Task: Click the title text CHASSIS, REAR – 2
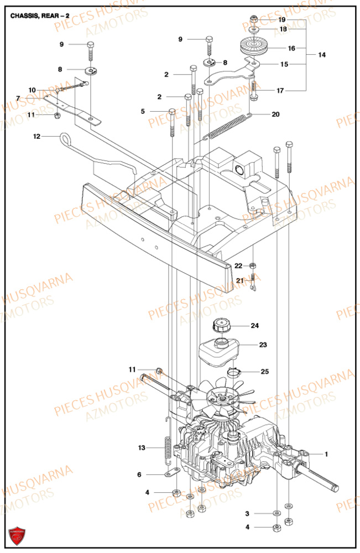tap(41, 16)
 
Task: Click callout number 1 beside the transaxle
tap(326, 454)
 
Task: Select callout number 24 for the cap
tap(254, 326)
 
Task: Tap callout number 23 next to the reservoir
tap(263, 345)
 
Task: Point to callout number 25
tap(265, 372)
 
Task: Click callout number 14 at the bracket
tap(322, 55)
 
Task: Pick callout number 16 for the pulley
tap(291, 48)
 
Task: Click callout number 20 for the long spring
tap(275, 114)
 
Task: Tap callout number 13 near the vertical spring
tap(142, 448)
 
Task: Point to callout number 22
tap(238, 266)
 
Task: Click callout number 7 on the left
tap(18, 98)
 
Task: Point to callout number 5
tap(143, 111)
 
